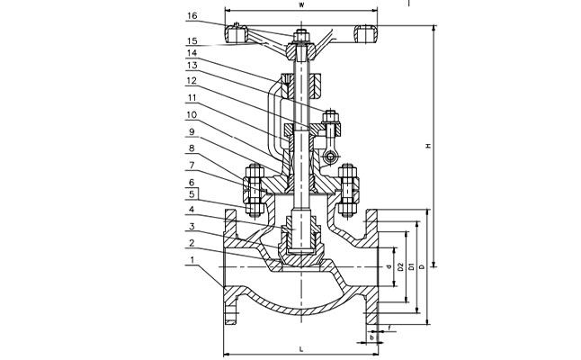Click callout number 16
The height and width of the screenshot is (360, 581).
click(193, 16)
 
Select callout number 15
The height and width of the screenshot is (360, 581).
click(193, 41)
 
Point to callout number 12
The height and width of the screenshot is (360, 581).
click(193, 81)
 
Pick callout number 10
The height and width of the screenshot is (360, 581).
click(193, 115)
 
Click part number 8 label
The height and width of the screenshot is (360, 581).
click(193, 148)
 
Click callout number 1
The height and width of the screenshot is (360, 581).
click(193, 261)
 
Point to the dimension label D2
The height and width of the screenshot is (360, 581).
click(400, 267)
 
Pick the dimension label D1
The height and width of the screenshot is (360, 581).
click(412, 267)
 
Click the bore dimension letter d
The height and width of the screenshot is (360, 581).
click(388, 267)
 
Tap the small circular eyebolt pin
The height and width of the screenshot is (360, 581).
click(332, 159)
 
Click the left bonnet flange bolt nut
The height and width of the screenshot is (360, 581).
click(252, 187)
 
